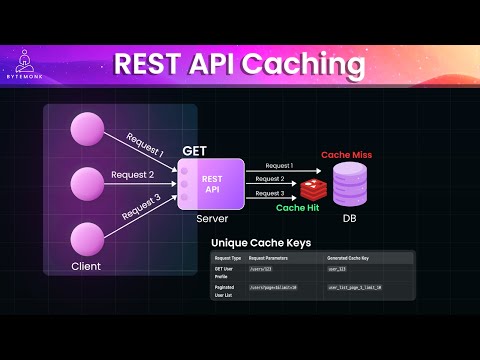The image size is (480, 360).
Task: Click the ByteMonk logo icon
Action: pyautogui.click(x=32, y=59)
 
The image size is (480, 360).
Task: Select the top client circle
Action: pyautogui.click(x=85, y=131)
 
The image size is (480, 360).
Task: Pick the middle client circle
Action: pyautogui.click(x=85, y=184)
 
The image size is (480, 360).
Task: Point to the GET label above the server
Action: pyautogui.click(x=193, y=149)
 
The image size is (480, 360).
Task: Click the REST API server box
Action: pyautogui.click(x=211, y=185)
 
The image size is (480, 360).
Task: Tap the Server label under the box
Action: pyautogui.click(x=210, y=217)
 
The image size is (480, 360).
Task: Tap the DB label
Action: pyautogui.click(x=351, y=219)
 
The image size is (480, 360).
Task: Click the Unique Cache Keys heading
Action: pyautogui.click(x=262, y=243)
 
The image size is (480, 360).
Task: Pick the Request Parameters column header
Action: pyautogui.click(x=272, y=259)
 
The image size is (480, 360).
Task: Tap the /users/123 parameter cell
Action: pyautogui.click(x=263, y=270)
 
